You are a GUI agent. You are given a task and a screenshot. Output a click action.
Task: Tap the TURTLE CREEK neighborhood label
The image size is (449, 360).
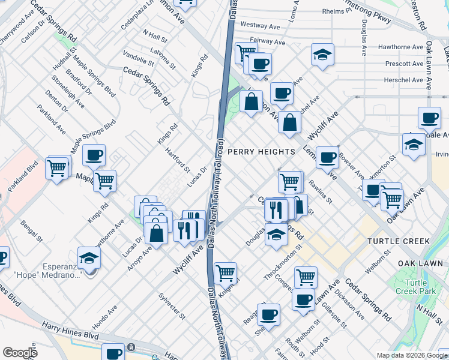click(398, 241)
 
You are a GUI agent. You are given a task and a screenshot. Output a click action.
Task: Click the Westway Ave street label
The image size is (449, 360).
click(262, 25)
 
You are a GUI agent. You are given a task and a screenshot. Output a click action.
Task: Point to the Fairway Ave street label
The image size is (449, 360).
click(267, 42)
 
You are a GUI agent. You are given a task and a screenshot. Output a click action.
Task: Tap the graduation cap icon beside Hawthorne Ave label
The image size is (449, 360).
click(322, 55)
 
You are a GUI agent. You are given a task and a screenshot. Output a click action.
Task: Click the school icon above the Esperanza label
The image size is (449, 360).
click(89, 258)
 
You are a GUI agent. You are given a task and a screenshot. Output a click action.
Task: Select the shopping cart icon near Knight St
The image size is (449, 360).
click(225, 273)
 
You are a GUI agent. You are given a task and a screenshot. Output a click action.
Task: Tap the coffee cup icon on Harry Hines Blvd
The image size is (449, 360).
click(113, 353)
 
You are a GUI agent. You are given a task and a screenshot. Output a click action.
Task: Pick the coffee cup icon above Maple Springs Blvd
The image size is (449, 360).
click(94, 155)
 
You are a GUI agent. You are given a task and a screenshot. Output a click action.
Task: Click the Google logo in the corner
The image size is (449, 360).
click(20, 353)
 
